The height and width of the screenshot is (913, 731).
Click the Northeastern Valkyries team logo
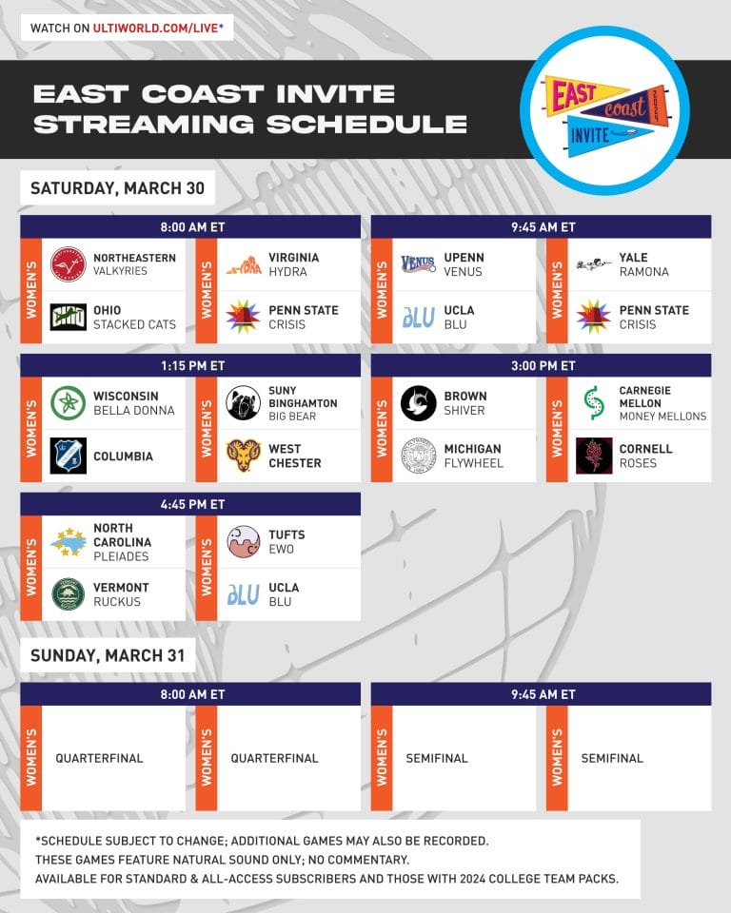point(68,264)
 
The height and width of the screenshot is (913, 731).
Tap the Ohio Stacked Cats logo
point(68,317)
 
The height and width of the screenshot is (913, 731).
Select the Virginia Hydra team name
point(293,264)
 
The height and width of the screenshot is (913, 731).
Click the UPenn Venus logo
point(418,264)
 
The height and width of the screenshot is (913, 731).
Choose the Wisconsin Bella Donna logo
point(68,403)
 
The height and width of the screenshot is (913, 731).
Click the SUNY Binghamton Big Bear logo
point(243,403)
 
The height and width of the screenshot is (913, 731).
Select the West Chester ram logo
point(243,456)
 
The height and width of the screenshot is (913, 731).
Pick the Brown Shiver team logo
point(418,403)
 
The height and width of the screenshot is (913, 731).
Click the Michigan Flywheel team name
point(473,456)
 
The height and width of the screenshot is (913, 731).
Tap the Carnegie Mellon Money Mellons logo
point(593,403)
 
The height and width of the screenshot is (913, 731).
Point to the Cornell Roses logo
point(593,456)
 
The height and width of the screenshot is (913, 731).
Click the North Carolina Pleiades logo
point(68,542)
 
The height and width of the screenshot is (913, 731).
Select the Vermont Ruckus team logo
point(68,594)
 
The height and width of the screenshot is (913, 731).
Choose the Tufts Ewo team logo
point(243,542)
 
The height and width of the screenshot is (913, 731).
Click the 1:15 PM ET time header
point(190,366)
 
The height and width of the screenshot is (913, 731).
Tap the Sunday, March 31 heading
point(108,656)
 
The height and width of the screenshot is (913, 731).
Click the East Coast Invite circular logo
point(604,110)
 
